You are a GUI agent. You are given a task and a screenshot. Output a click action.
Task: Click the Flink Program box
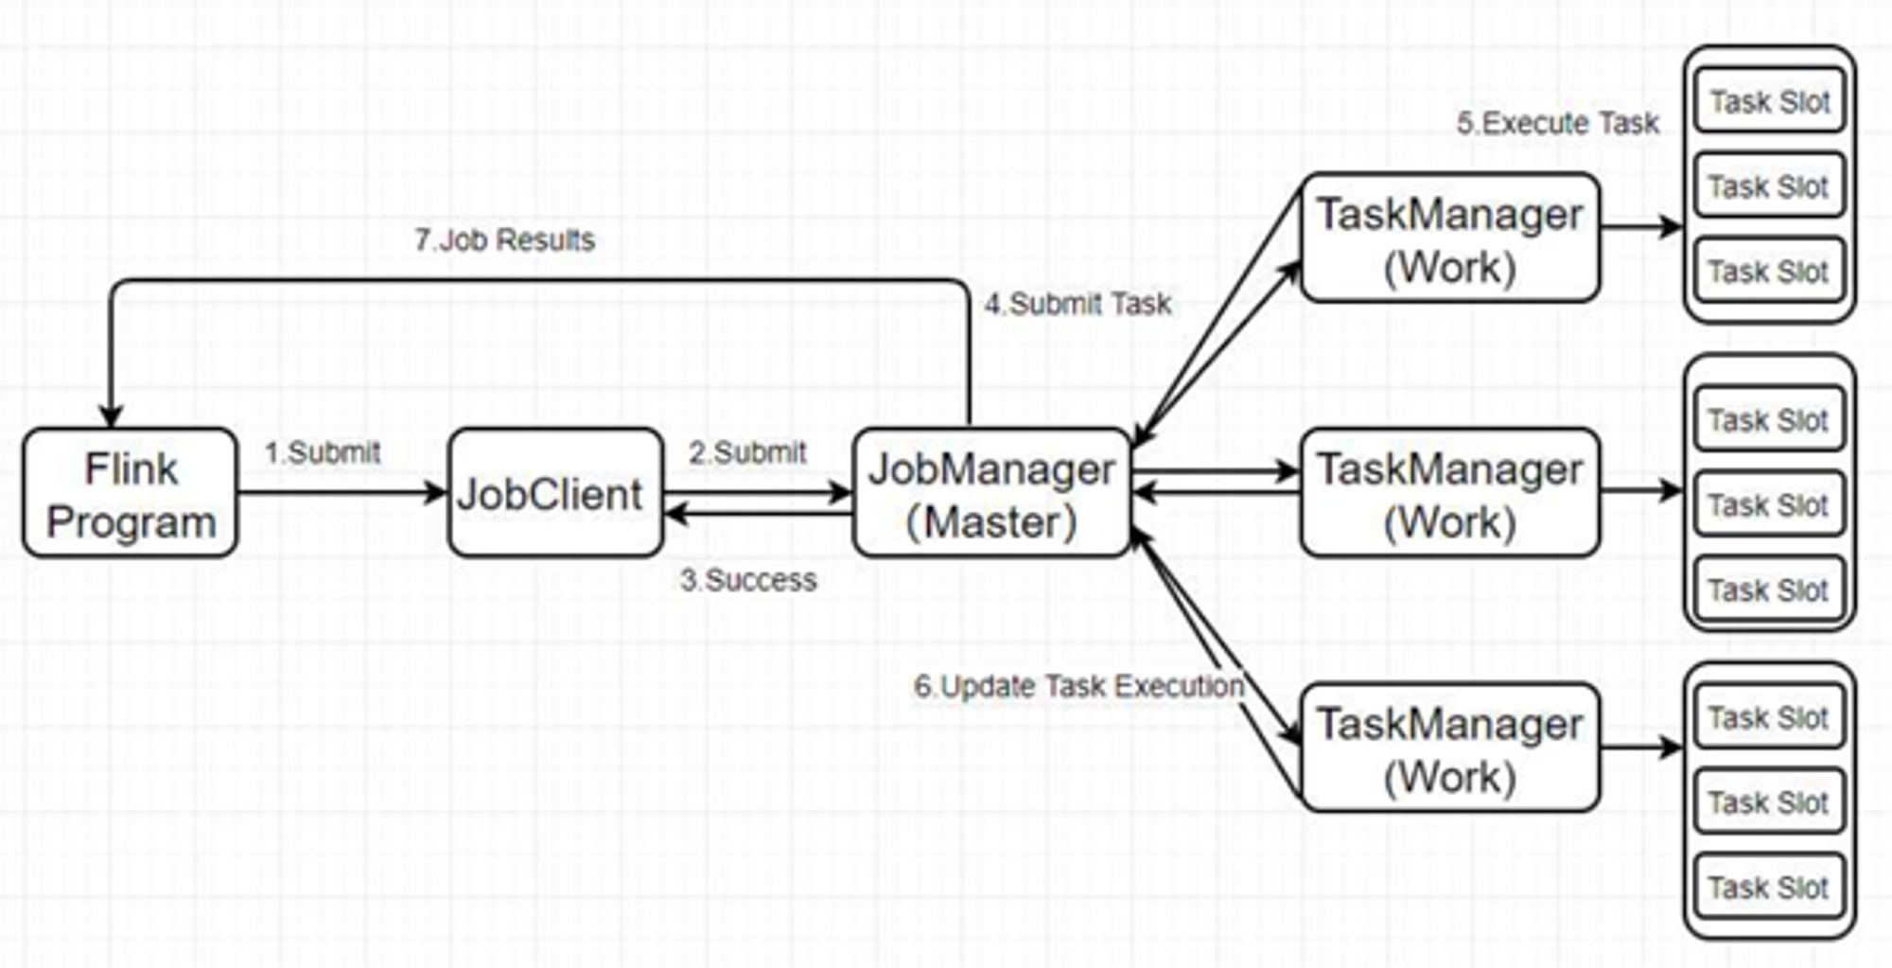click(131, 493)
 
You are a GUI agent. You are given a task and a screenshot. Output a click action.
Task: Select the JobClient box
click(555, 493)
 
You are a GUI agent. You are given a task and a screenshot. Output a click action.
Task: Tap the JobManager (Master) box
click(991, 493)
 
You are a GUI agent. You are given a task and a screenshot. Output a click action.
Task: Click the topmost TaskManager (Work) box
click(1450, 238)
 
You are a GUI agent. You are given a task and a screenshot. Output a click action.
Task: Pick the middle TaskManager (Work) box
click(1450, 493)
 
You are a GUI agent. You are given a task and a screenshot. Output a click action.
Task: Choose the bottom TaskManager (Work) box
click(1450, 748)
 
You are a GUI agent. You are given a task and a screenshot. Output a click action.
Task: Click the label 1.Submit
click(323, 452)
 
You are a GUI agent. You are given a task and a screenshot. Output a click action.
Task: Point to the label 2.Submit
click(747, 452)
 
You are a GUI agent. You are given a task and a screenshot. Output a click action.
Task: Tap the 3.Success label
click(748, 579)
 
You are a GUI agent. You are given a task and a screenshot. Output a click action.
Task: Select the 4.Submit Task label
click(1077, 304)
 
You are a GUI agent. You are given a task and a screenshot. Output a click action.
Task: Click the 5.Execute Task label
click(1557, 123)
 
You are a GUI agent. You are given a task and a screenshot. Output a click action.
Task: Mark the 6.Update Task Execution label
click(1078, 686)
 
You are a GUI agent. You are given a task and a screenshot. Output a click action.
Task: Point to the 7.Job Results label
click(504, 239)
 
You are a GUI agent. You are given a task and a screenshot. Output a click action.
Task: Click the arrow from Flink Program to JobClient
click(342, 492)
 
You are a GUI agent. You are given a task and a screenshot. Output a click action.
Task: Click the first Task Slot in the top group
click(1769, 101)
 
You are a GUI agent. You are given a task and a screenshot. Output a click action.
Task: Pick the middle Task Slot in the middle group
click(1769, 504)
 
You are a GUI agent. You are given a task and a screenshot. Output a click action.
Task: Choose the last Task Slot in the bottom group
click(1769, 887)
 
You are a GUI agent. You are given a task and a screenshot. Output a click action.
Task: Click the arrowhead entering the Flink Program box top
click(112, 417)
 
